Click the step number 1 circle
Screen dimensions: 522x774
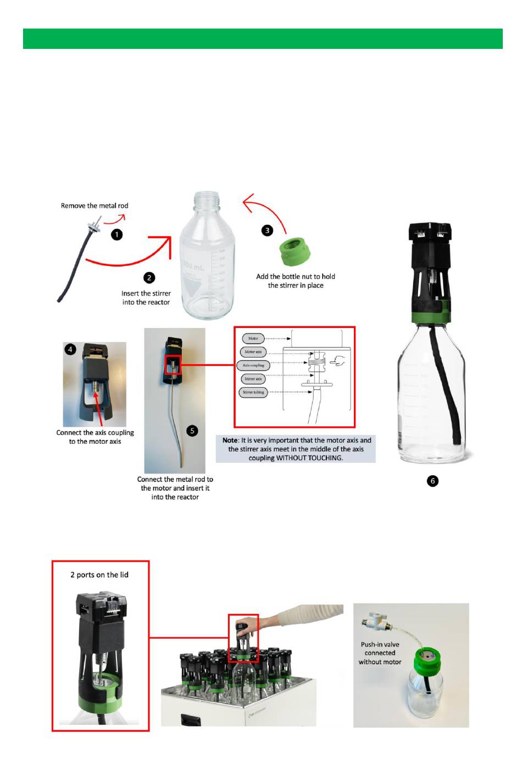tap(116, 235)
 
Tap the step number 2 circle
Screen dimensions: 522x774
tap(149, 278)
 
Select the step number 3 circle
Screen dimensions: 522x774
tap(267, 230)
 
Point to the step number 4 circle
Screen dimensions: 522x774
tap(70, 349)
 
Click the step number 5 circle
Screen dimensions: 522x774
tap(192, 431)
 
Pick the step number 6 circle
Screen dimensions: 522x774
tap(432, 481)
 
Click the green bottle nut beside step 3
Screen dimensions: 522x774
tap(295, 252)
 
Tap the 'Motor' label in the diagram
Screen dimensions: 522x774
tap(253, 338)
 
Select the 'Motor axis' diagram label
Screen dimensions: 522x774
tap(253, 352)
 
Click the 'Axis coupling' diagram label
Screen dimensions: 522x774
tap(253, 365)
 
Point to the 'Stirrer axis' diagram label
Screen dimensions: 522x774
tap(253, 379)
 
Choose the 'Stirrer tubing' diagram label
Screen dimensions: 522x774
tap(253, 392)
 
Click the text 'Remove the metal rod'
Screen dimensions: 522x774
tap(95, 206)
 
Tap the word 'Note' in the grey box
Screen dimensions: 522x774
tap(230, 441)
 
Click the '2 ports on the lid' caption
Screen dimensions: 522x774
tap(99, 575)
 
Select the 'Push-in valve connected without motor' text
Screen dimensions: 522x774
tap(380, 653)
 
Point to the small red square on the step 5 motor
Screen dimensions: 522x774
tap(173, 364)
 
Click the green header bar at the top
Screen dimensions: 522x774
tap(263, 39)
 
